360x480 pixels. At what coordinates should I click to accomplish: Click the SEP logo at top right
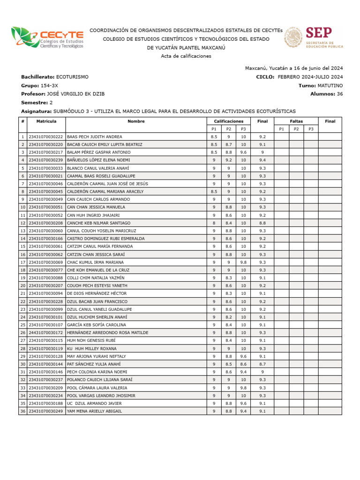point(314,37)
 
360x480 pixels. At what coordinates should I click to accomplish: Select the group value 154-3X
point(49,85)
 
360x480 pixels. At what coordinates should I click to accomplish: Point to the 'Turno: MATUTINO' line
point(320,85)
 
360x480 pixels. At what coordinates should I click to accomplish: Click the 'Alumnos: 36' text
point(326,94)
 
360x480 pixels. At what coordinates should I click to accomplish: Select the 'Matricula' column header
point(46,121)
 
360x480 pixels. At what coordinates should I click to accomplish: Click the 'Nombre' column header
point(136,121)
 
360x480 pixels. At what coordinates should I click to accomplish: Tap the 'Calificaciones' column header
point(228,121)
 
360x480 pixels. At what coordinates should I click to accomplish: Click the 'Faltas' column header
point(296,121)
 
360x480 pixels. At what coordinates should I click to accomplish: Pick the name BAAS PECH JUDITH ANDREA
point(95,137)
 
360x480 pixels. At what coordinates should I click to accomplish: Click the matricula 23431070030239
point(46,160)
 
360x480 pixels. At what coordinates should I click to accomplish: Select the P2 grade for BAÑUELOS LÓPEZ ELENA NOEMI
point(229,160)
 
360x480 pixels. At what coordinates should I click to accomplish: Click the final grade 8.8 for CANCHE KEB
point(262,223)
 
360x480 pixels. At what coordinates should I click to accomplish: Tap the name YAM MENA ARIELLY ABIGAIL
point(95,411)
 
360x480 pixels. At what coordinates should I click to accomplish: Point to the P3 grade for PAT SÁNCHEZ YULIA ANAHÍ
point(243,364)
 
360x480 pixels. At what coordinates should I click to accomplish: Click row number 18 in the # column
point(22,270)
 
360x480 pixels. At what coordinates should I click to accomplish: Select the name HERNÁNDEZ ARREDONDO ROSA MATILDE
point(107,333)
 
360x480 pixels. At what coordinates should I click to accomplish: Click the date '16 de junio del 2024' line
point(294,68)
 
